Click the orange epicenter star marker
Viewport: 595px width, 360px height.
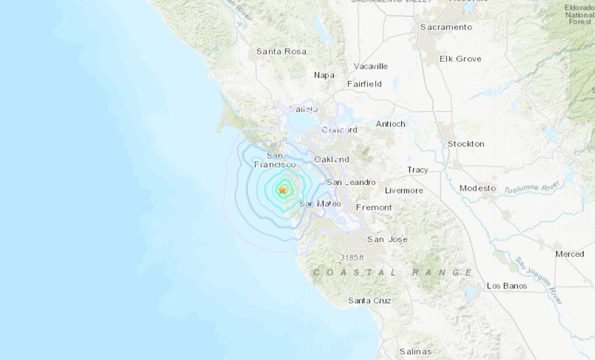coord(283,190)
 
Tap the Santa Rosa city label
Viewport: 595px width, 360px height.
coord(282,51)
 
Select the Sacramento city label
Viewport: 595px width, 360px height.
coord(446,27)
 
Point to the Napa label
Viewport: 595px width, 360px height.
coord(324,75)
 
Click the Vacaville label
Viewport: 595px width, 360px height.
coord(371,66)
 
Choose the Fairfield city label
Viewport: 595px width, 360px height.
coord(364,84)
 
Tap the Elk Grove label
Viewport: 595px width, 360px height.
coord(461,58)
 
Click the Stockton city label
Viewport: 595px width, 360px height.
coord(466,143)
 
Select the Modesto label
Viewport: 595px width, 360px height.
coord(478,188)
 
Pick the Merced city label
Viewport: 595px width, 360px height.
coord(570,254)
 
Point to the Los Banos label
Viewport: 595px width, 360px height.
coord(507,286)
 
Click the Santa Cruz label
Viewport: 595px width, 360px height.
coord(370,300)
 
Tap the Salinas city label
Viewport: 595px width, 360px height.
coord(415,351)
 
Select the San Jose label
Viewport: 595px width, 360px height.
coord(387,239)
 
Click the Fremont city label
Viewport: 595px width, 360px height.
coord(374,207)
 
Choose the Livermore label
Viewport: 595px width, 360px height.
coord(404,190)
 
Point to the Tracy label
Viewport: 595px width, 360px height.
coord(418,170)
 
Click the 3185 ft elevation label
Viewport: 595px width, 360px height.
coord(352,257)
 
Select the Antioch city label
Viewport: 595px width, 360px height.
coord(391,123)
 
